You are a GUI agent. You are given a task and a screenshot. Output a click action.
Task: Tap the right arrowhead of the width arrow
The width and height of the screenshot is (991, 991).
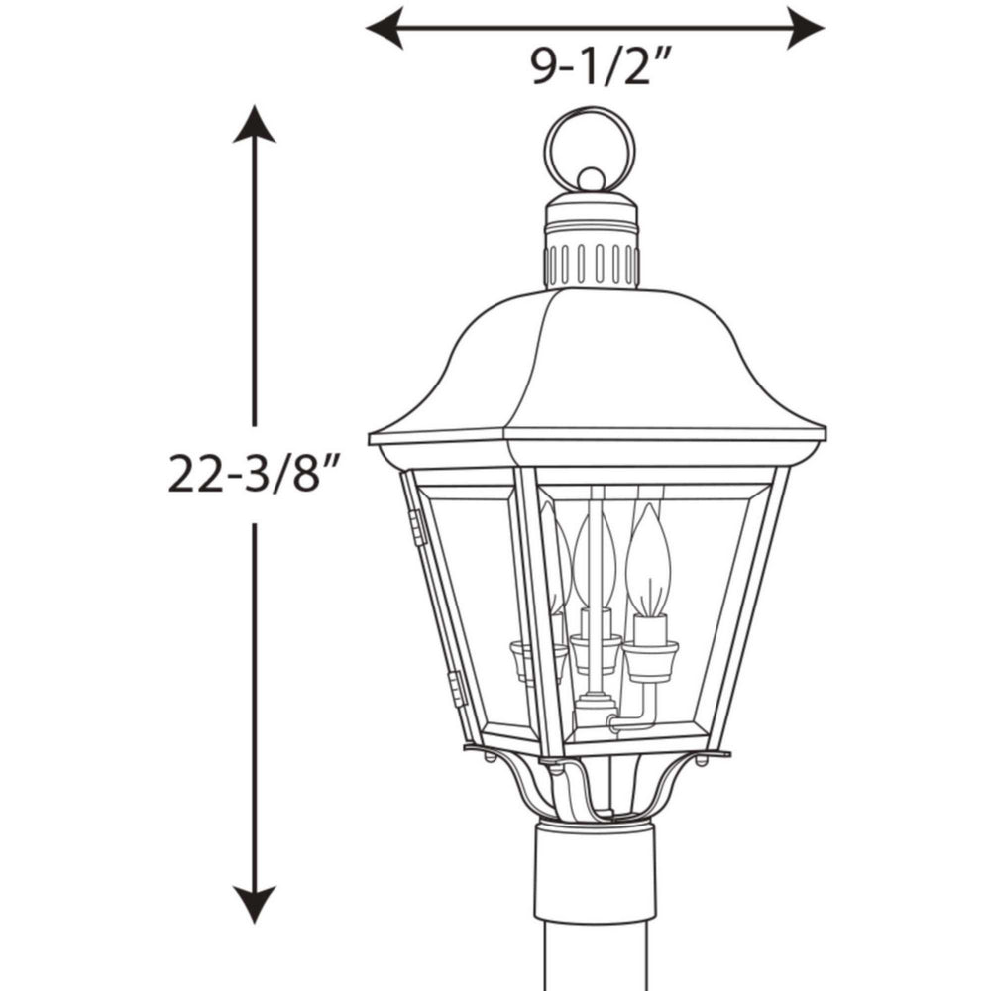(807, 28)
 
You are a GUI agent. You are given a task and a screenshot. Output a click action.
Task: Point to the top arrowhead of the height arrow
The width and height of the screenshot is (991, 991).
(255, 123)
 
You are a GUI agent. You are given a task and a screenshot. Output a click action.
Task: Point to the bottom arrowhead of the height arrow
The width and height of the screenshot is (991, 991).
(255, 904)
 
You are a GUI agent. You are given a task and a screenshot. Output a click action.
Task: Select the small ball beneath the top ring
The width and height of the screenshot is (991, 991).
(590, 179)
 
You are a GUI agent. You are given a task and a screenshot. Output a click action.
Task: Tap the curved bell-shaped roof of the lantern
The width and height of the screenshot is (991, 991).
(595, 367)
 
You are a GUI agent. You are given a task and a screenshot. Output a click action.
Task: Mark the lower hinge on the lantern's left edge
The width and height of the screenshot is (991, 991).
(457, 689)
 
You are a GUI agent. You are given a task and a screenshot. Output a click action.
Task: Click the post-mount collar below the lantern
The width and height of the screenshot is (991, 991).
(592, 872)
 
